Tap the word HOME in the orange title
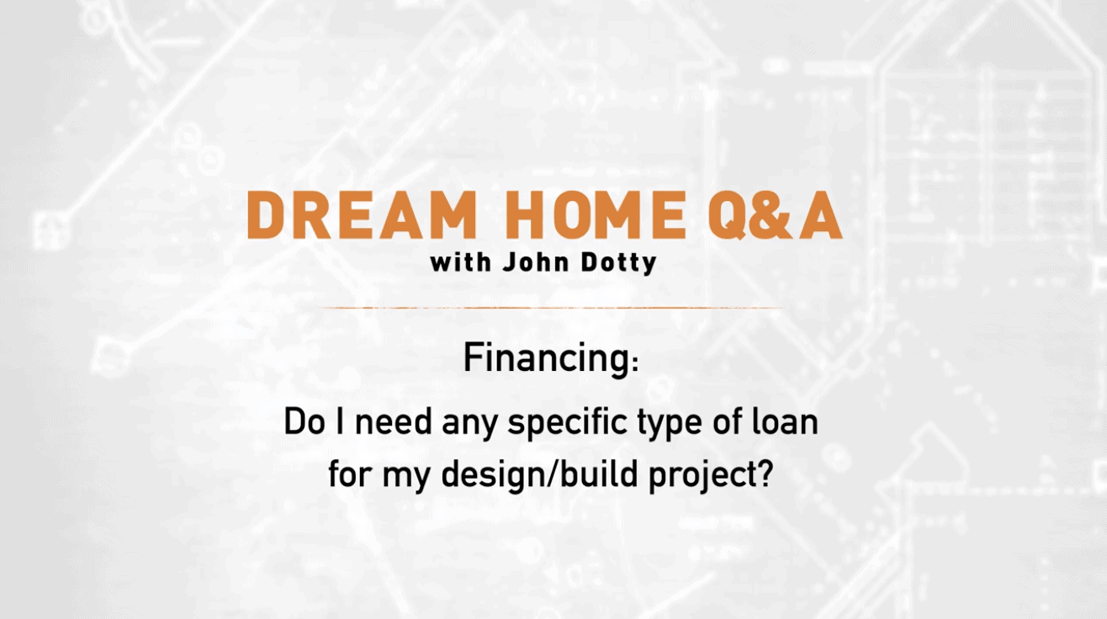click(596, 215)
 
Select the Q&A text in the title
click(775, 216)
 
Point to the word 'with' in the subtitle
click(461, 262)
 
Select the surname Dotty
click(618, 262)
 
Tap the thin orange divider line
click(552, 308)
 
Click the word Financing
click(547, 359)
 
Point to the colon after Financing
click(635, 363)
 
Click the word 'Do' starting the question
click(304, 422)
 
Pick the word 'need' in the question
click(394, 422)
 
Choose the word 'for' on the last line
click(349, 474)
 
